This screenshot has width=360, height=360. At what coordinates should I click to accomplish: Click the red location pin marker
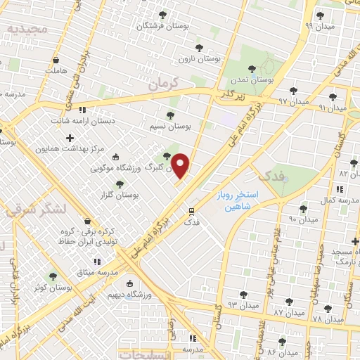point(181,166)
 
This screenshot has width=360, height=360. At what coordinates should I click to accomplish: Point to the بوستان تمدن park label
point(256,80)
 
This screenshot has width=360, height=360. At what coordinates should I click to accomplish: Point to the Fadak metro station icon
point(191,210)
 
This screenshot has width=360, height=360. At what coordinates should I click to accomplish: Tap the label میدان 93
point(222,304)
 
